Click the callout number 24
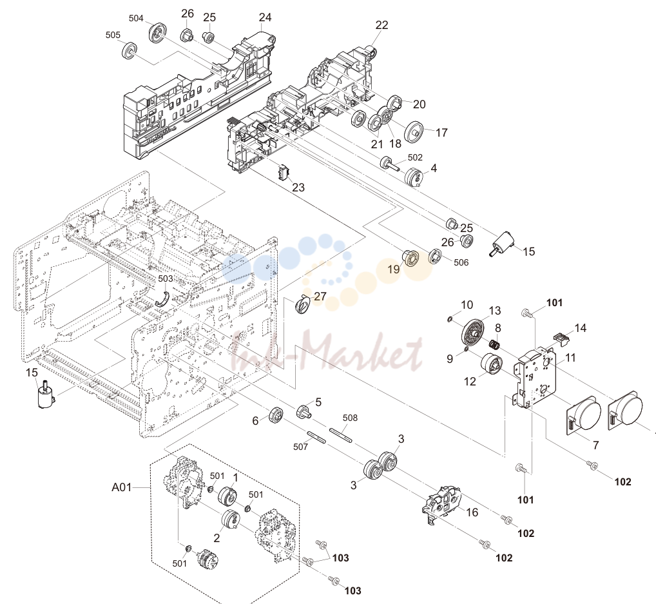(x=265, y=17)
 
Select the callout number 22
(x=381, y=25)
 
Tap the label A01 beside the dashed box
(x=122, y=487)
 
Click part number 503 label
(x=165, y=278)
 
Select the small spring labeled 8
(x=495, y=345)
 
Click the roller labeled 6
(x=276, y=415)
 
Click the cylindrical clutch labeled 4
(x=414, y=176)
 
